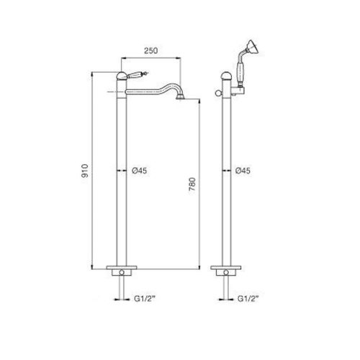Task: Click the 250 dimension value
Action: point(151,50)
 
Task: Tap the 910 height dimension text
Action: point(85,171)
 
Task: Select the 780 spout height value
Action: point(192,184)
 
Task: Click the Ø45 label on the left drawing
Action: point(140,171)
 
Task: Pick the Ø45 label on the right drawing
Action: point(243,171)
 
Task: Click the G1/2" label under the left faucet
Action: point(145,299)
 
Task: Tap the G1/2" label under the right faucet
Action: point(248,299)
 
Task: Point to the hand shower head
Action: point(253,47)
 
